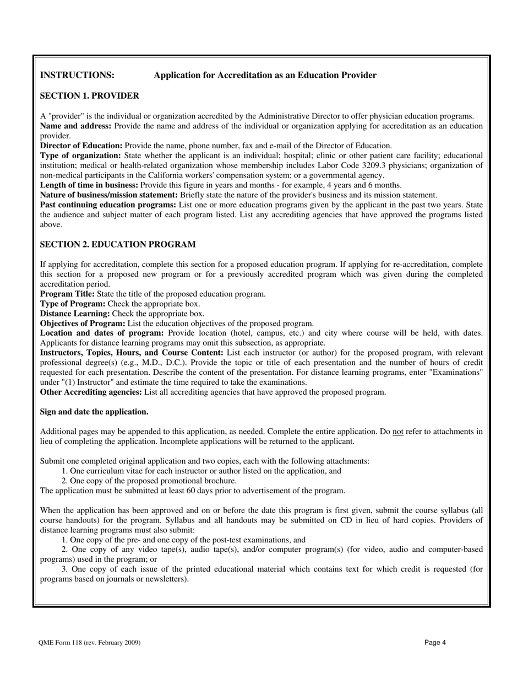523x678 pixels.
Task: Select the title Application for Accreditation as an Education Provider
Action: (265, 75)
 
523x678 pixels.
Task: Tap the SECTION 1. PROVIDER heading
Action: (89, 96)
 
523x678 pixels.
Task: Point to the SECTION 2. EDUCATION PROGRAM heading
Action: (117, 244)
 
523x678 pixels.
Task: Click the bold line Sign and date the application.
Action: (94, 412)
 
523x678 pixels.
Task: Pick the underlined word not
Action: (397, 432)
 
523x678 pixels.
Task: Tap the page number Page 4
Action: (435, 642)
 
